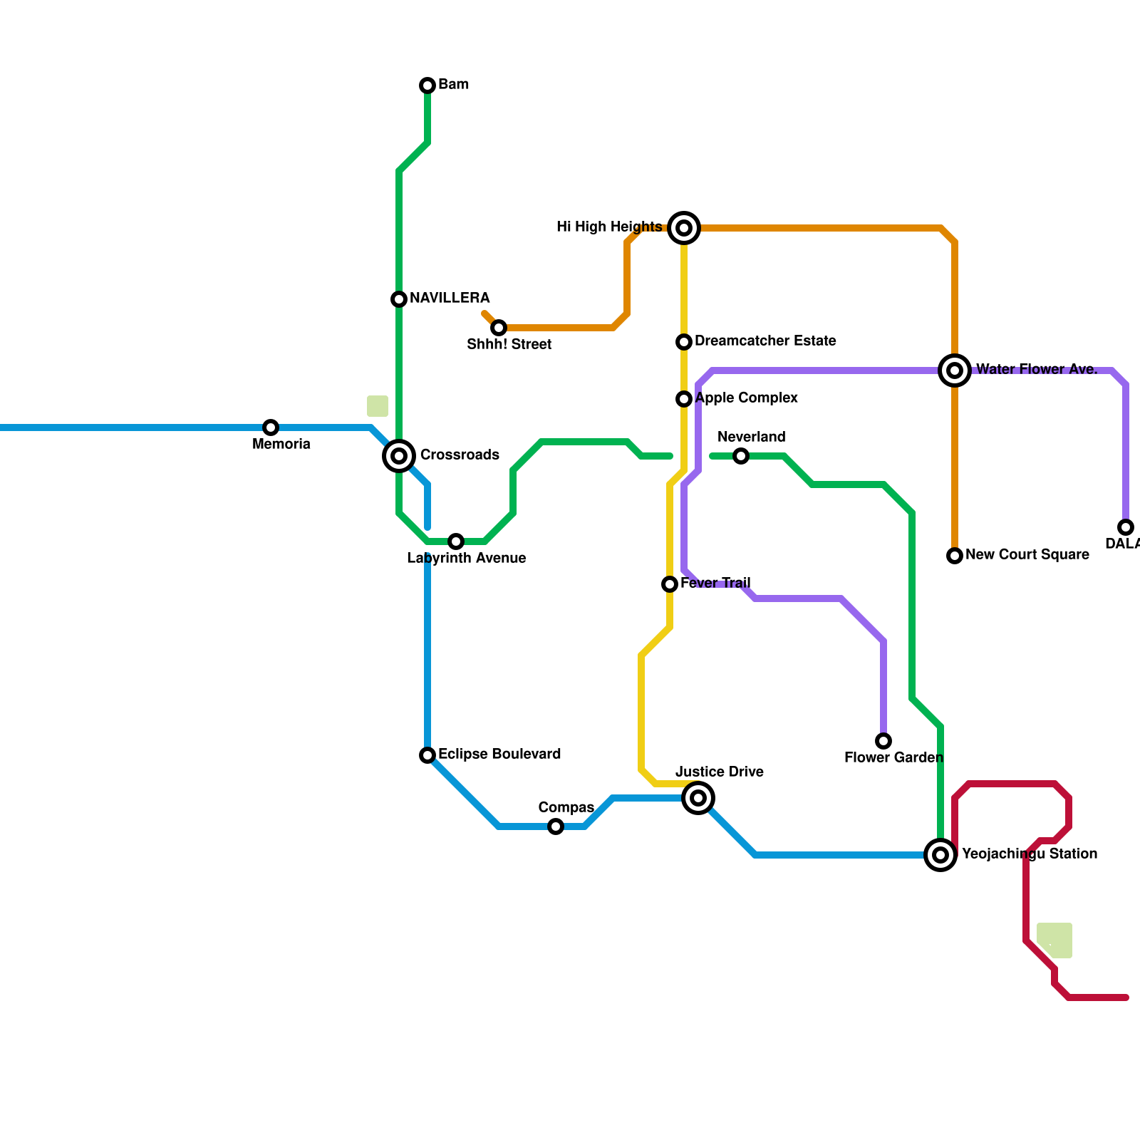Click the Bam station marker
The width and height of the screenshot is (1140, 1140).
pyautogui.click(x=427, y=85)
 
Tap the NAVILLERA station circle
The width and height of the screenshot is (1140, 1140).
pyautogui.click(x=399, y=299)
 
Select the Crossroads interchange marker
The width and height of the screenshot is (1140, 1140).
pyautogui.click(x=399, y=456)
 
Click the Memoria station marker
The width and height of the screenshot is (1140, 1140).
pyautogui.click(x=270, y=427)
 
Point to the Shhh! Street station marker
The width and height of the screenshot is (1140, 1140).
pyautogui.click(x=499, y=328)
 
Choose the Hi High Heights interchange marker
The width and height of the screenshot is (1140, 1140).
pyautogui.click(x=684, y=228)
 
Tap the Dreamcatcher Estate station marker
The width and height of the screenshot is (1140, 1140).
pyautogui.click(x=684, y=342)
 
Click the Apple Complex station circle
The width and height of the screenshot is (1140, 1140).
pyautogui.click(x=684, y=399)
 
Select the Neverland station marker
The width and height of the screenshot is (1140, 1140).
pyautogui.click(x=741, y=456)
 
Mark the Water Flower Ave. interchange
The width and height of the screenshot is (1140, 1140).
pyautogui.click(x=955, y=370)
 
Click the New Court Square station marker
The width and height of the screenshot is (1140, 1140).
pyautogui.click(x=955, y=556)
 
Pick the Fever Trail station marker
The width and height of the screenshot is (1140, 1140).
pyautogui.click(x=670, y=584)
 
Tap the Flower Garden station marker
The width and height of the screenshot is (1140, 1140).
pyautogui.click(x=883, y=741)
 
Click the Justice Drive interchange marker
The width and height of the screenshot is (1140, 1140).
pyautogui.click(x=698, y=798)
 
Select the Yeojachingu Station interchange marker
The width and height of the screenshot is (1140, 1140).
pyautogui.click(x=940, y=855)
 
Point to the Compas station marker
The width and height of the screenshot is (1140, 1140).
pyautogui.click(x=556, y=826)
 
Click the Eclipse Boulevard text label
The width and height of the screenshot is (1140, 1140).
pyautogui.click(x=499, y=754)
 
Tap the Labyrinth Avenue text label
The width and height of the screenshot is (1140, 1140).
pyautogui.click(x=467, y=559)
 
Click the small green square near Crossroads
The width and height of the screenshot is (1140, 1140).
pyautogui.click(x=378, y=406)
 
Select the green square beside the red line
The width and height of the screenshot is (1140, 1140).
pyautogui.click(x=1054, y=940)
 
